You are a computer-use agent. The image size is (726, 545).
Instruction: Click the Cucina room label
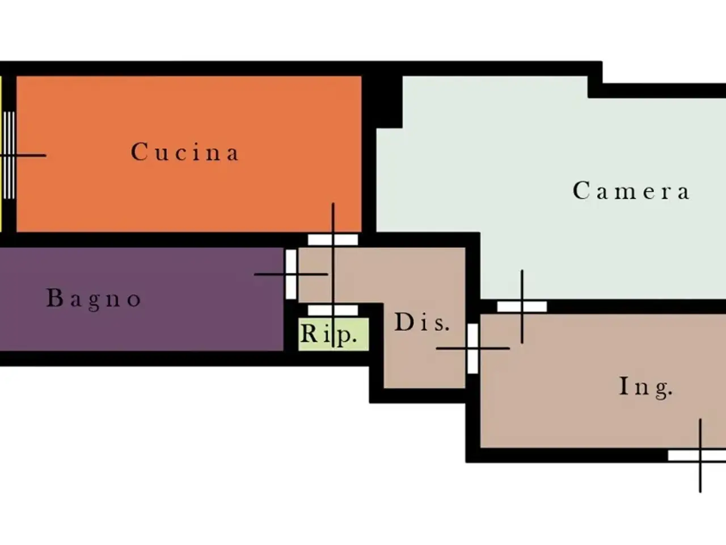point(185,152)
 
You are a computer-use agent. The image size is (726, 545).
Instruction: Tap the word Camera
point(631,191)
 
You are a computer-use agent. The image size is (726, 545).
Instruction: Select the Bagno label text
point(94,299)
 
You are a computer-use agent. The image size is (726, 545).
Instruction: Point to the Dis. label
point(422,322)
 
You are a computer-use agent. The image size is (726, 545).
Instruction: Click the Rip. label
point(329,334)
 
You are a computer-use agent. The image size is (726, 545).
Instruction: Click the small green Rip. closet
point(334,334)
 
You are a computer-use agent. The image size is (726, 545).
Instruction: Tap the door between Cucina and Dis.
point(333,240)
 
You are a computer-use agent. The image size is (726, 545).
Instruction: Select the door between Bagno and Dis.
point(291,274)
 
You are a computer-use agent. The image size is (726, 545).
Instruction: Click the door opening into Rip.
point(333,311)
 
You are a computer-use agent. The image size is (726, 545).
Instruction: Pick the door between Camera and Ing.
point(522,307)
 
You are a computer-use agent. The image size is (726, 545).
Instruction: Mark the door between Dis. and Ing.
point(472,349)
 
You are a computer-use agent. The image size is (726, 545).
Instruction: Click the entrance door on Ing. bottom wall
point(697,455)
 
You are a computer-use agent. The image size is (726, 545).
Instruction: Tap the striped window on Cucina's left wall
point(9,155)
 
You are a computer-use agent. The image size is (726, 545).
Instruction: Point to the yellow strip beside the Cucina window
point(1,154)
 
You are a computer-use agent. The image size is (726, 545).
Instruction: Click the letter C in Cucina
point(139,152)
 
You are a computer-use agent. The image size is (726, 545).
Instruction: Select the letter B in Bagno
point(54,297)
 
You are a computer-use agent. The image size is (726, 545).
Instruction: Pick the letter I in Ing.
point(624,385)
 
